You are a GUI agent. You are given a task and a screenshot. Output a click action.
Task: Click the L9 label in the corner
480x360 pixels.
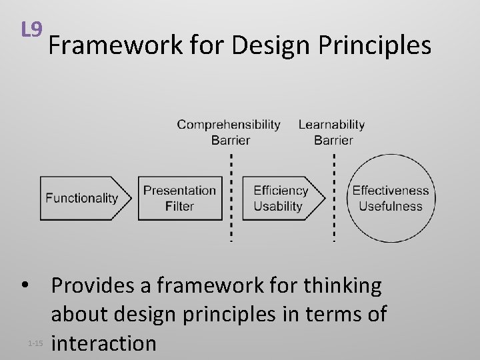point(32,30)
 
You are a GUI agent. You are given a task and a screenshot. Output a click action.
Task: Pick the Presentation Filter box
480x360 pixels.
point(180,198)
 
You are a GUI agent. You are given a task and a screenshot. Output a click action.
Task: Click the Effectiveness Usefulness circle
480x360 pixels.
point(391,198)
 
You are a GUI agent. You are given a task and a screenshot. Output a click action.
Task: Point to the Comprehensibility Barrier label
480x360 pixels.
point(229,132)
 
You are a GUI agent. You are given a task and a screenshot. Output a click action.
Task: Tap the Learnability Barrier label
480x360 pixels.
point(332,132)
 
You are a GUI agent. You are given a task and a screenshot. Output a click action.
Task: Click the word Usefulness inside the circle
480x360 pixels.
point(391,206)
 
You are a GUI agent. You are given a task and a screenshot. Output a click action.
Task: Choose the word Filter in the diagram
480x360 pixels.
point(180,206)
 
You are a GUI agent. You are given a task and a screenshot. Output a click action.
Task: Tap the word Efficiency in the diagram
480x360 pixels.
point(280,191)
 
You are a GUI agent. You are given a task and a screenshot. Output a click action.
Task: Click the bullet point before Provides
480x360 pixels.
point(25,286)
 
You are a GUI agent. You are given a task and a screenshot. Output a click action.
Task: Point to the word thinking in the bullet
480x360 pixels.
point(343,286)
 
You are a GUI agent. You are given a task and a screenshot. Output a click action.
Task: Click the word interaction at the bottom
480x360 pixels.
point(104,343)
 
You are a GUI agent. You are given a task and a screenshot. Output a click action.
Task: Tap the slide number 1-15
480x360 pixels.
point(35,344)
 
